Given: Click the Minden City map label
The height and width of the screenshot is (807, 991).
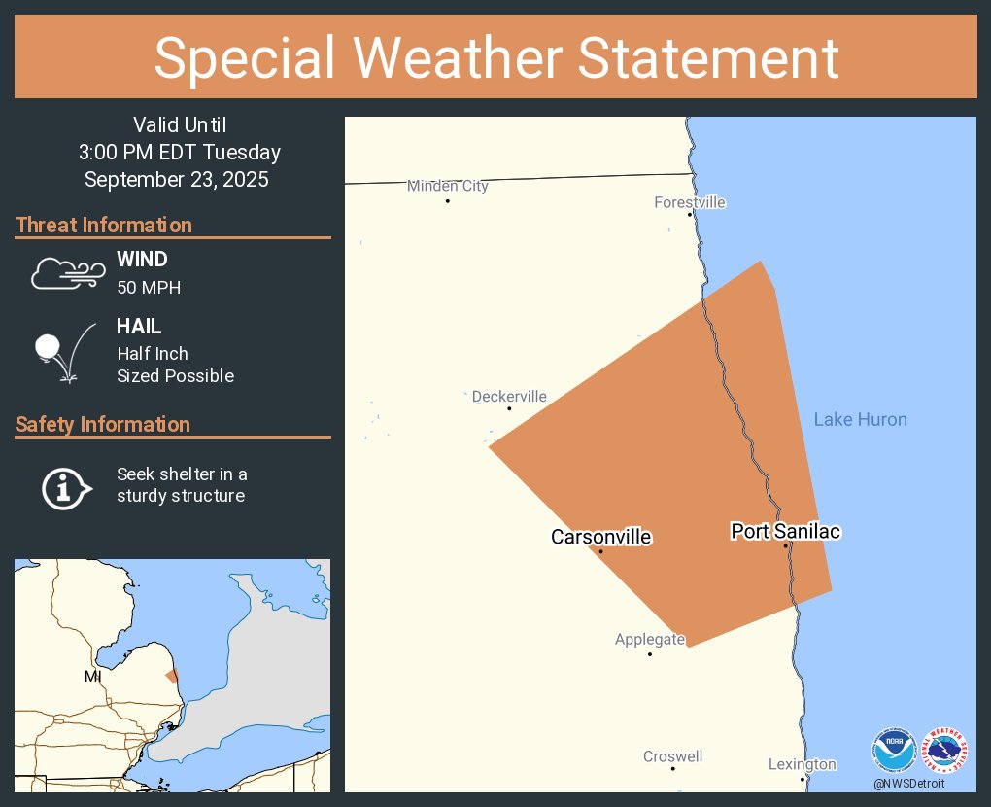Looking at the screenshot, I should (x=447, y=186).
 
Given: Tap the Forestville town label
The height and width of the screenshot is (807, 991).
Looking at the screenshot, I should (x=690, y=202).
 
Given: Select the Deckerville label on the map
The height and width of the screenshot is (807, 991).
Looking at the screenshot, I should (x=509, y=397).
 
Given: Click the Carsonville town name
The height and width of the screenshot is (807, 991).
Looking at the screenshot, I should (x=600, y=537).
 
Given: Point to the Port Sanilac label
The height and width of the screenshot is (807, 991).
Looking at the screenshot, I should (x=785, y=531).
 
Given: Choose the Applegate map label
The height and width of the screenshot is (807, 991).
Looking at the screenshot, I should (x=650, y=640).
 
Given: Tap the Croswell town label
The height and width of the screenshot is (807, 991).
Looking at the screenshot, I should (x=672, y=756).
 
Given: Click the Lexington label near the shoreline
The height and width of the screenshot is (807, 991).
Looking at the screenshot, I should (x=802, y=764).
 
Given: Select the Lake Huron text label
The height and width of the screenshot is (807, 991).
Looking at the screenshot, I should (x=860, y=419).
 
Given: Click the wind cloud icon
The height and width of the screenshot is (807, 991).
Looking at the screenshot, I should (x=66, y=273).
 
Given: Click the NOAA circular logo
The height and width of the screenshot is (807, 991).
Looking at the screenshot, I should (x=893, y=750).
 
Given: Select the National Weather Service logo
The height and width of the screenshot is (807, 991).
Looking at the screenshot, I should (x=944, y=750).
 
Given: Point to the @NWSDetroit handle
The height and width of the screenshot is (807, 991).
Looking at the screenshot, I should (x=908, y=783).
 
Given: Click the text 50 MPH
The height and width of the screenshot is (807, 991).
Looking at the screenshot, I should (x=149, y=288).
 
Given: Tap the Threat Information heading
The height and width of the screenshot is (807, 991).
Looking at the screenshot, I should (x=104, y=225).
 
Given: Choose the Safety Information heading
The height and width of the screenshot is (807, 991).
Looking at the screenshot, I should (x=103, y=424).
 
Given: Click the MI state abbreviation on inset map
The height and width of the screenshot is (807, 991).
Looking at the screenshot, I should (x=92, y=676).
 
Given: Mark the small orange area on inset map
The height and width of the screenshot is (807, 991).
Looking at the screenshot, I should (x=172, y=676).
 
